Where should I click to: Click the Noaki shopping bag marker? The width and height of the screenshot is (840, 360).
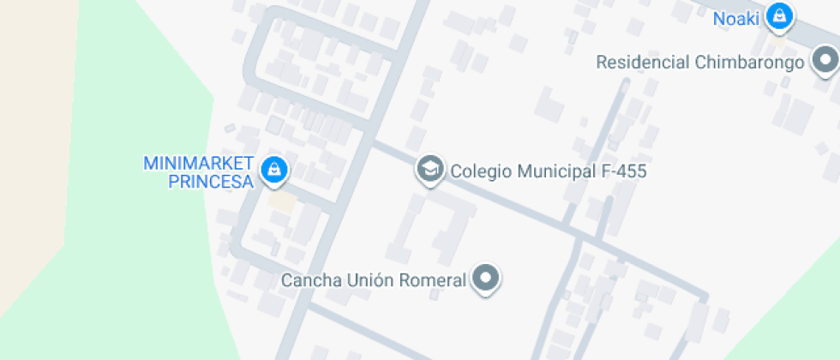point(778,16)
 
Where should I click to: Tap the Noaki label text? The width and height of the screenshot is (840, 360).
point(736,18)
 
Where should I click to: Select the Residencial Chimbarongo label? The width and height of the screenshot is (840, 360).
point(699,62)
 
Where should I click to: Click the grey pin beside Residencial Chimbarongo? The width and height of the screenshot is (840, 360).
point(825,61)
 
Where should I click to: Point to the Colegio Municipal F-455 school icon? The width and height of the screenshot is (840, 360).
point(429,170)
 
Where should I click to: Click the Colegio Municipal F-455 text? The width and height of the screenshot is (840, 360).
point(548,171)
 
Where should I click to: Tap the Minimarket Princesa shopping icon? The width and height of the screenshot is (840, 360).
point(273,170)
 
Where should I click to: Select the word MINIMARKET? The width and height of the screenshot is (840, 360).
point(199,164)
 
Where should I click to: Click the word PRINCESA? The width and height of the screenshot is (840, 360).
point(211,182)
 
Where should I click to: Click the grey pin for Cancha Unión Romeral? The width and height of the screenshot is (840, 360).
point(487,278)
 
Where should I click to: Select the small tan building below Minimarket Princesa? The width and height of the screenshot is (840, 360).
point(281,203)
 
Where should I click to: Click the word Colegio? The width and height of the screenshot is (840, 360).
point(477,171)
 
